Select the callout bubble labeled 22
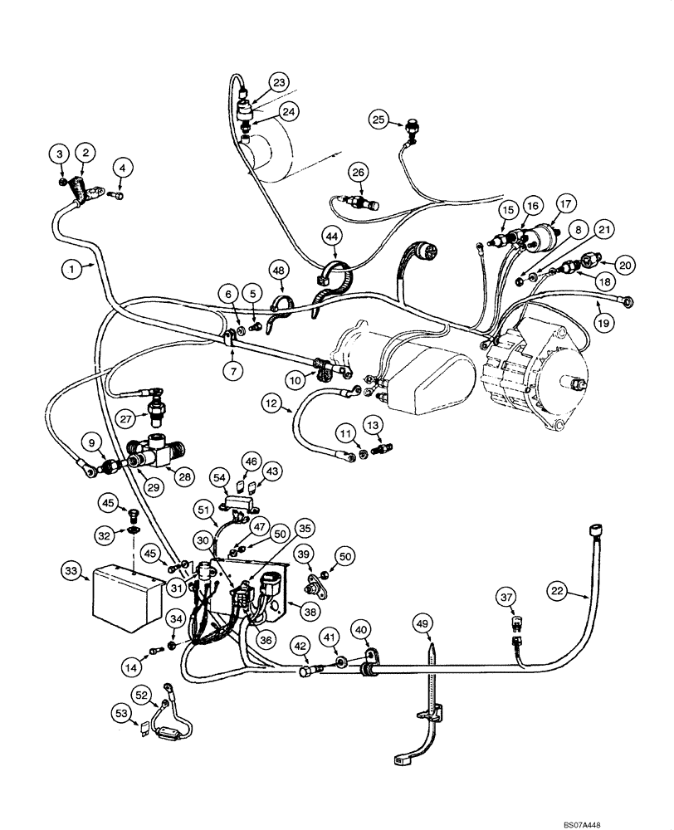[x=558, y=591]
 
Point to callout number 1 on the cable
[x=72, y=269]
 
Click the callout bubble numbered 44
[x=333, y=238]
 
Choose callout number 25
[x=379, y=120]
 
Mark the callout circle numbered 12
[x=271, y=404]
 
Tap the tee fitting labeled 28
[x=158, y=449]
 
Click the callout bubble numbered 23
[x=278, y=82]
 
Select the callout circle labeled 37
[x=508, y=596]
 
